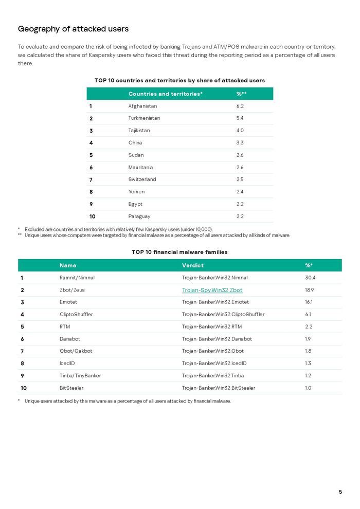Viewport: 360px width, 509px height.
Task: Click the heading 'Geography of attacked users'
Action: pyautogui.click(x=73, y=29)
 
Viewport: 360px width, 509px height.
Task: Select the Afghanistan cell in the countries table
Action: pyautogui.click(x=142, y=106)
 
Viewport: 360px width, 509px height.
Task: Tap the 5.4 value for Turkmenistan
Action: pyautogui.click(x=240, y=118)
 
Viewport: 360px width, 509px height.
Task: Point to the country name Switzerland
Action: pyautogui.click(x=142, y=179)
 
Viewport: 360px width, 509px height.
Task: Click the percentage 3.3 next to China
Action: pyautogui.click(x=240, y=142)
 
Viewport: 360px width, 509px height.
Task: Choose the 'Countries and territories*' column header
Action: pyautogui.click(x=165, y=94)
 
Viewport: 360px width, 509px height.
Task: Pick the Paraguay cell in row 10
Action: pyautogui.click(x=139, y=216)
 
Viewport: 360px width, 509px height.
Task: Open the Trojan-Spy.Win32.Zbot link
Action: pyautogui.click(x=212, y=290)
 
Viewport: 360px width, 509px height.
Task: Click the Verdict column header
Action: pyautogui.click(x=193, y=265)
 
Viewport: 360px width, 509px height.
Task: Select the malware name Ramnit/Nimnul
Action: pyautogui.click(x=77, y=278)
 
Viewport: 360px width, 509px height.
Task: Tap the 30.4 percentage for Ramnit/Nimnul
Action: pyautogui.click(x=310, y=278)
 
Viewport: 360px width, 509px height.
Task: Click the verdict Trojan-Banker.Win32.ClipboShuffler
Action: pyautogui.click(x=223, y=314)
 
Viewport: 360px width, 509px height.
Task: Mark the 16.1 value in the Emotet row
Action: pyautogui.click(x=309, y=302)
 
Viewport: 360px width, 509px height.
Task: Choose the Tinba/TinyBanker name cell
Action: pyautogui.click(x=80, y=375)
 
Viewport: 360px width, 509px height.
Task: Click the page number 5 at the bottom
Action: pyautogui.click(x=340, y=492)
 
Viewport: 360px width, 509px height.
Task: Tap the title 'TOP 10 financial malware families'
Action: pyautogui.click(x=179, y=252)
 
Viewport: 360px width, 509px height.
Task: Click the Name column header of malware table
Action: pyautogui.click(x=68, y=265)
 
